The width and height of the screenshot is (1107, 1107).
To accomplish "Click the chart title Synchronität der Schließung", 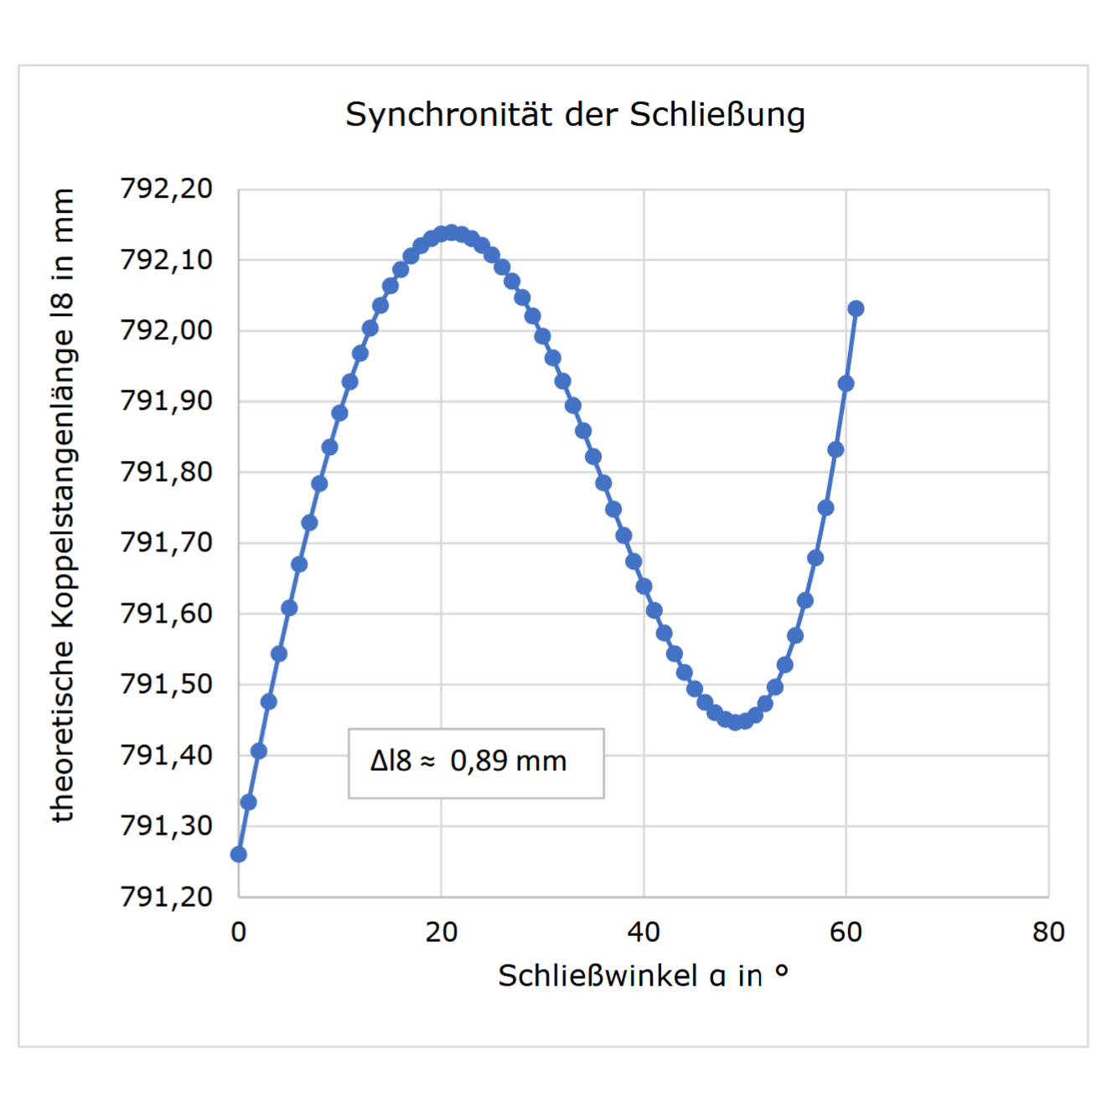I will coord(575,115).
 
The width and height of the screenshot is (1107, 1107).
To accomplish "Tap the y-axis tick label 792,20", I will coord(167,189).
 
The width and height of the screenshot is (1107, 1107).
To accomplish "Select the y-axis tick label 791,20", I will coord(167,897).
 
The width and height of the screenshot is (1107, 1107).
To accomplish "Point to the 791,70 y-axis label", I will coord(167,542).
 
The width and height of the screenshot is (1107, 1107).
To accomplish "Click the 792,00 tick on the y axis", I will coord(167,330).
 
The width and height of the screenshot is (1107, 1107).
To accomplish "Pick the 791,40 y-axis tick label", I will coord(167,755).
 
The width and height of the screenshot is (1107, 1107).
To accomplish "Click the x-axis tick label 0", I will coord(239,932).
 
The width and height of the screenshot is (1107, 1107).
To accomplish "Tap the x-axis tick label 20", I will coord(441,932).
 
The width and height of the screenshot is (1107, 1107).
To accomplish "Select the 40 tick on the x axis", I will coord(644,932).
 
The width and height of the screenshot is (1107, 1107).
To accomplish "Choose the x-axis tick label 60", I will coord(846,932).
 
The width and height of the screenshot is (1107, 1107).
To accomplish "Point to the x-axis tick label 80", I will coord(1048,932).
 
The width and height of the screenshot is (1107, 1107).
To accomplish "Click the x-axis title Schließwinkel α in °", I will coord(643,975).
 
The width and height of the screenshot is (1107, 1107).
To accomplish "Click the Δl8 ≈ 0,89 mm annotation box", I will coord(476,763).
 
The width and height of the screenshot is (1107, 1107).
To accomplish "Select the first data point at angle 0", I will coord(239,854).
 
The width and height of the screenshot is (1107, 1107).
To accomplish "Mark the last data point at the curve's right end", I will coord(856,308).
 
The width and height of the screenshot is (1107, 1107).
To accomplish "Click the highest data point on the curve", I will coord(452,232).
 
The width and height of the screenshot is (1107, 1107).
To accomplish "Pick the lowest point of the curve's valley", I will coord(735,722).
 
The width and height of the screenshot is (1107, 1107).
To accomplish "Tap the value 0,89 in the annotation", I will coord(479,761).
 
